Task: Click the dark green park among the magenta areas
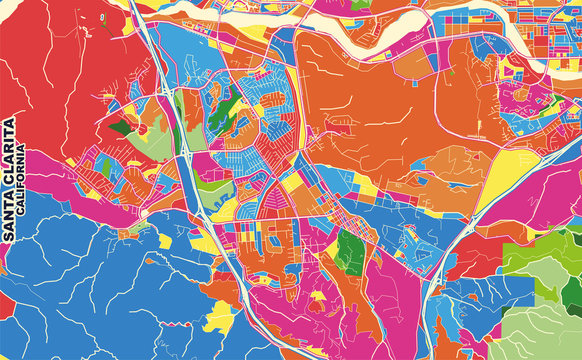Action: click(x=349, y=251)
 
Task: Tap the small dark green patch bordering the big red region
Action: click(x=119, y=127)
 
